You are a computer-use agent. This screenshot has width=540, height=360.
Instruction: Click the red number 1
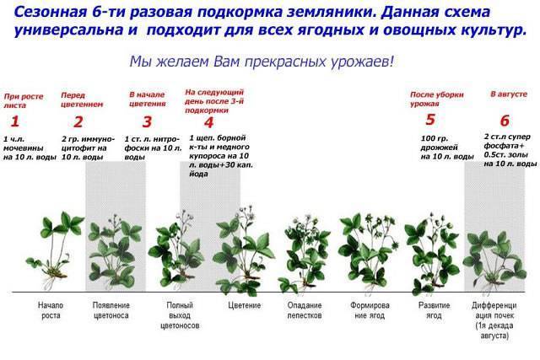14,121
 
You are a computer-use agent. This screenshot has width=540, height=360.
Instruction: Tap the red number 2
78,122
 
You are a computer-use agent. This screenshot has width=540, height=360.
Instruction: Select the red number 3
147,122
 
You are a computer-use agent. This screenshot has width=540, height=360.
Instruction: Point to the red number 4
208,122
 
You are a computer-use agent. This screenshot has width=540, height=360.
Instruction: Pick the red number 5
430,120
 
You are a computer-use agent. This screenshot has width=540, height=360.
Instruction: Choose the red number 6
505,121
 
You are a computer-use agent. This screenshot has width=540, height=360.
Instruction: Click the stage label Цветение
244,306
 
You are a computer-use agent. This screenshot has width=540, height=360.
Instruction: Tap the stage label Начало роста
51,310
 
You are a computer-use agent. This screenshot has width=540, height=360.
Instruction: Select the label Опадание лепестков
305,310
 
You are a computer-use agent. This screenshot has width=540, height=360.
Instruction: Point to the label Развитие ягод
434,310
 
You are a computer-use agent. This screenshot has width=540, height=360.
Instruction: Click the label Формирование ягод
370,310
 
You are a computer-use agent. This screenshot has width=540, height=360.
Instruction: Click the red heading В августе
509,94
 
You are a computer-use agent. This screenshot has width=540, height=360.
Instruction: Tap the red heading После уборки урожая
437,99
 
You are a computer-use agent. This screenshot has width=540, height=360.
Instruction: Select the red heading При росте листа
24,100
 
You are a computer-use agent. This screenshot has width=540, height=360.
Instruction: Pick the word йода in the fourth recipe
199,174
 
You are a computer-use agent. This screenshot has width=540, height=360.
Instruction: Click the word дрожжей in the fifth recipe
439,148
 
